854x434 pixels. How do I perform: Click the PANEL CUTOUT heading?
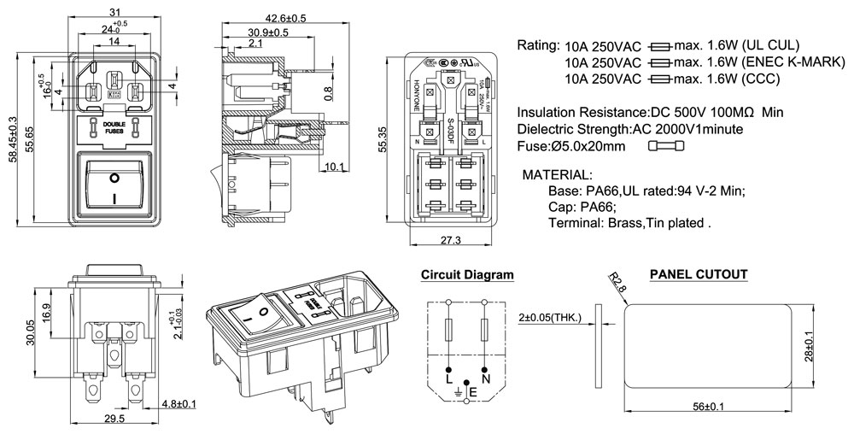pyautogui.click(x=699, y=275)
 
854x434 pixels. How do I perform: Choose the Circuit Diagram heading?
pyautogui.click(x=467, y=275)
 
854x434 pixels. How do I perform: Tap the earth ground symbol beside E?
pyautogui.click(x=458, y=392)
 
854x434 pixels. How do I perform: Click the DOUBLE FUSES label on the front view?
pyautogui.click(x=113, y=128)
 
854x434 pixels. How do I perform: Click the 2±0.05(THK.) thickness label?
pyautogui.click(x=550, y=318)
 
